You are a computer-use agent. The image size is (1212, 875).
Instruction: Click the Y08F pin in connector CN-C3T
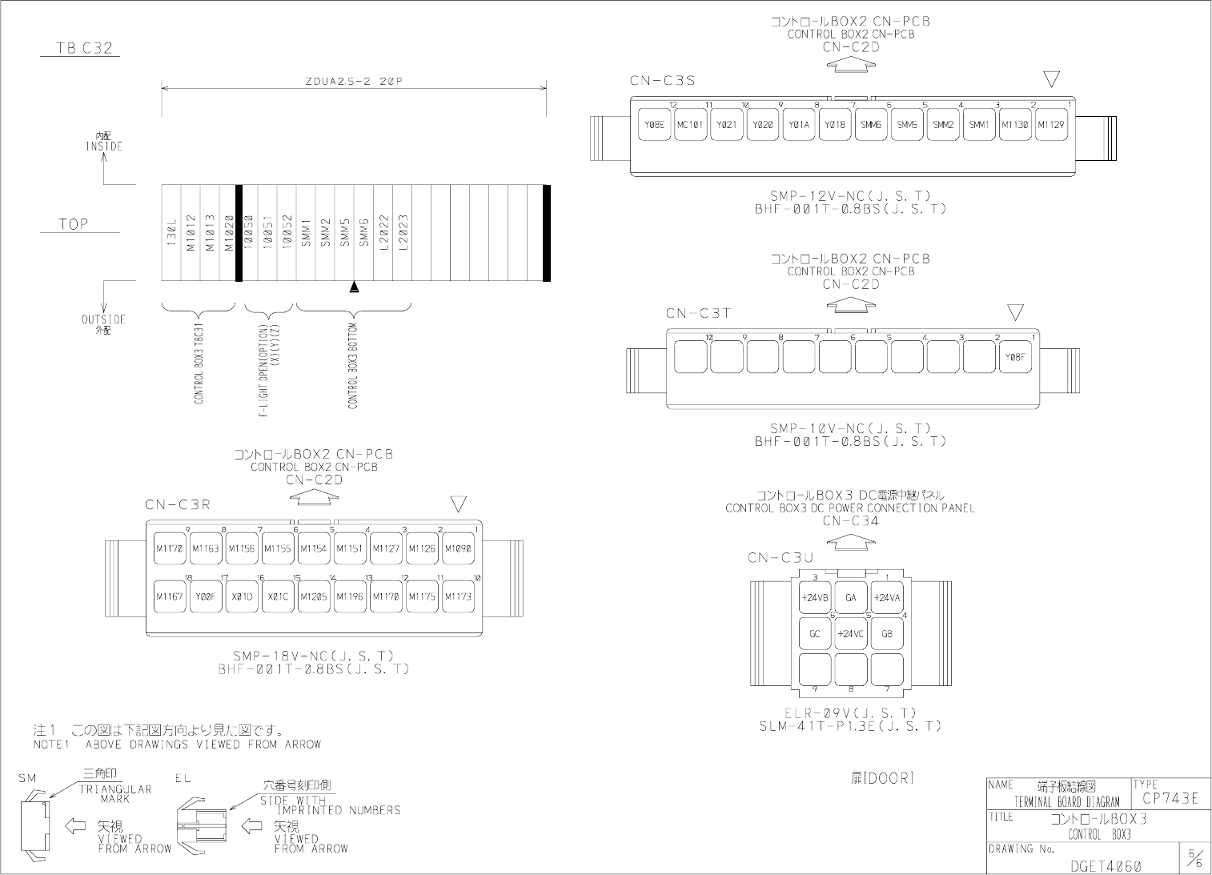point(1014,357)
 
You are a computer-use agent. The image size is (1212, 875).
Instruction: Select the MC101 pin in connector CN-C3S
point(690,125)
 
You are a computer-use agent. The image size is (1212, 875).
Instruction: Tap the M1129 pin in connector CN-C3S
point(1050,125)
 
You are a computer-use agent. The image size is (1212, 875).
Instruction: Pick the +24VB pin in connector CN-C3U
point(814,597)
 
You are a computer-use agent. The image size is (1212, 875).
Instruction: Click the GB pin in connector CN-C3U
point(887,633)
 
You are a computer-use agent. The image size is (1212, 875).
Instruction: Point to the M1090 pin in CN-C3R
point(458,548)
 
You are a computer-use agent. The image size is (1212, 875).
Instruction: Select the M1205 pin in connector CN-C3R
point(314,596)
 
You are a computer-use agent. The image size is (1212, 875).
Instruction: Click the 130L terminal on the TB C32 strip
point(171,233)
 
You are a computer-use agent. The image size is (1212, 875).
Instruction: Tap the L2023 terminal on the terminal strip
point(403,233)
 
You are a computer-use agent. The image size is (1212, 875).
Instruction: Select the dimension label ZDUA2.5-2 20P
point(353,82)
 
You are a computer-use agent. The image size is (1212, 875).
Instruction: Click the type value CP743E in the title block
point(1170,797)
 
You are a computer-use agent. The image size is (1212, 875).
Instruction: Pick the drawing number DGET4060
point(1106,866)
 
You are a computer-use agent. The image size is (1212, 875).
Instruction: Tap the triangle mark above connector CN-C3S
point(1052,79)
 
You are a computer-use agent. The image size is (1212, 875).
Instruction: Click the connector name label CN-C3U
point(781,557)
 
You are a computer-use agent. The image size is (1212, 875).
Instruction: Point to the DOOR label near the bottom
point(882,777)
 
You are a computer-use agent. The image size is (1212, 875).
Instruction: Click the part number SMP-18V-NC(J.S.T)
point(313,656)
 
